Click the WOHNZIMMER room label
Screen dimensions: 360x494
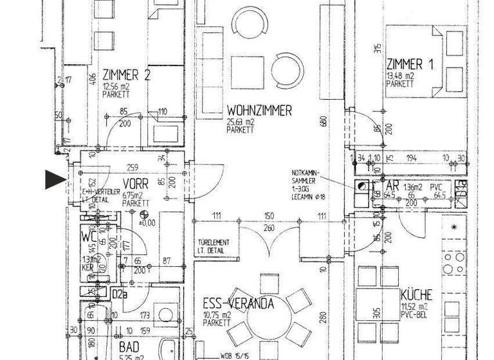259,111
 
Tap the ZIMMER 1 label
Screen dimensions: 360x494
405,64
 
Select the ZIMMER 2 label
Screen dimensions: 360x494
126,75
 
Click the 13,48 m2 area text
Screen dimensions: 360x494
399,75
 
